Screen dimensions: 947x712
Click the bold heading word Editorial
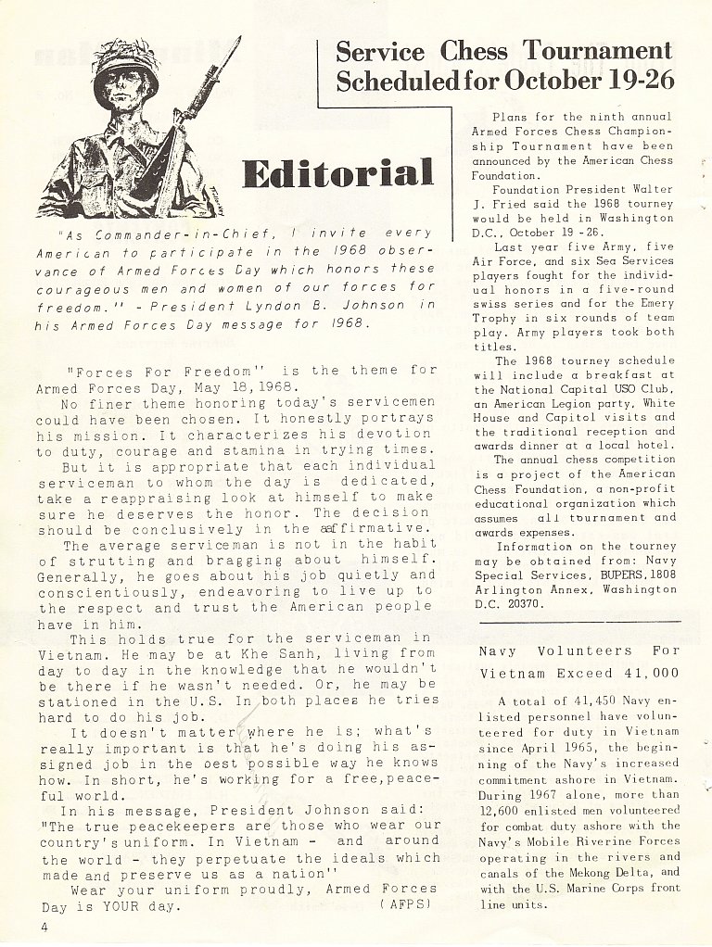(x=337, y=173)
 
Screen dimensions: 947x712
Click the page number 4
(x=43, y=926)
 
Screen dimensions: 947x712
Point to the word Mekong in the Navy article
(x=597, y=872)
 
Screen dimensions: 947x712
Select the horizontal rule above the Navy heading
(x=576, y=620)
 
